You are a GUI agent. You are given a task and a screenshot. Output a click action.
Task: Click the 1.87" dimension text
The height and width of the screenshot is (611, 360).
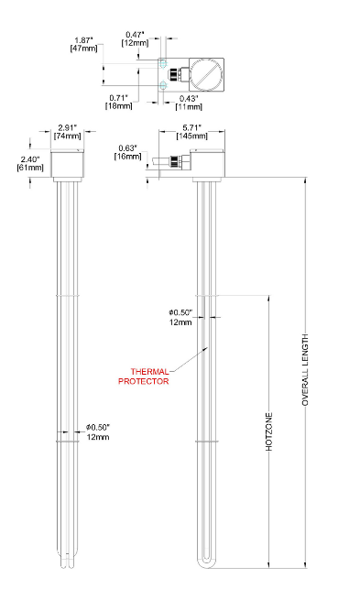tap(83, 40)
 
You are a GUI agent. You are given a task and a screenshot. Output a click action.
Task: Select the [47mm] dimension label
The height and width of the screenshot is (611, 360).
tap(83, 49)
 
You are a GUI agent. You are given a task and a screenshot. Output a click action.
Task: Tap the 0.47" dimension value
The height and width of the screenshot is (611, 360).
tap(136, 35)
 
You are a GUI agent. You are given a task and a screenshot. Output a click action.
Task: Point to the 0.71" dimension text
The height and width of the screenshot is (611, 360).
tap(118, 97)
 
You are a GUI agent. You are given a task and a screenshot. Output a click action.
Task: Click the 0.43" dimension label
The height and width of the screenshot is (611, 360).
tap(189, 98)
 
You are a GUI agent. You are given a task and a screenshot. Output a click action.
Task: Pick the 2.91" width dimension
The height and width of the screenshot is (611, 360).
tap(68, 127)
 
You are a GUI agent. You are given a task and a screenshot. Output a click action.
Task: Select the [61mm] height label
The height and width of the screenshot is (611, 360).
tap(30, 168)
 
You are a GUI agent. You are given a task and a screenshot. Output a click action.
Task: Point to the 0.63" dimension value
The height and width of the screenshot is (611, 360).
tap(128, 148)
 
